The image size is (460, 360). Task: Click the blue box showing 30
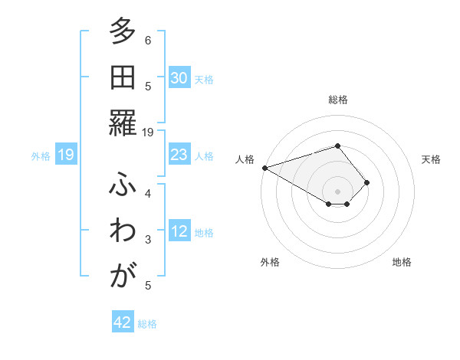pos(179,78)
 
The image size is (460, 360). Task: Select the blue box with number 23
pos(179,155)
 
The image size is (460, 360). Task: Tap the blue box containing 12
pos(179,232)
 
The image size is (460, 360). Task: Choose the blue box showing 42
pos(123,322)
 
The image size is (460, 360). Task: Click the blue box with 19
pos(66,155)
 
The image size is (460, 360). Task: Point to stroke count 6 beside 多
pos(148,40)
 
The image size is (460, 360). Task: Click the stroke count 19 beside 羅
pos(148,132)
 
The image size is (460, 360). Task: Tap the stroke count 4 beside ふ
pos(148,193)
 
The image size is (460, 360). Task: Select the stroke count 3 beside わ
pos(148,240)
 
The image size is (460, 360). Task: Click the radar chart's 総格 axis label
pos(337,100)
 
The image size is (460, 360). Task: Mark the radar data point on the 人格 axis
pos(264,167)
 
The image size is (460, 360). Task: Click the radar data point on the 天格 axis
pos(367,182)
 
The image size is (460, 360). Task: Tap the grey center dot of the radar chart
pos(337,191)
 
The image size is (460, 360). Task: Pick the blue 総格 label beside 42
pos(147,324)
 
